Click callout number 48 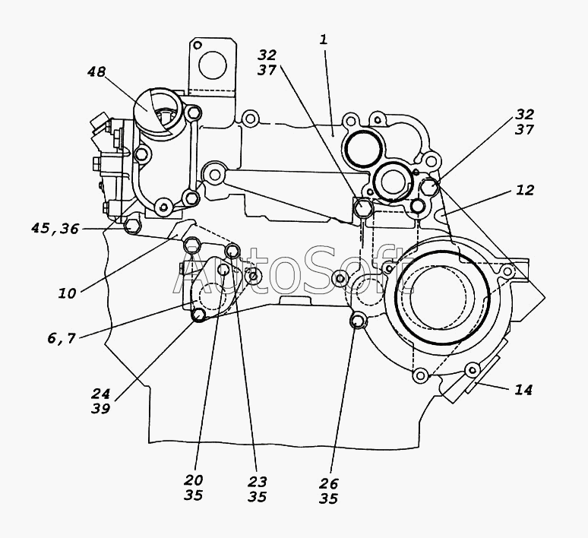(96, 73)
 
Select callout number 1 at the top (324, 40)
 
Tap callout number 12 (525, 190)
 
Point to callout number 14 (523, 390)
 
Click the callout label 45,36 (55, 227)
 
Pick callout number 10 (67, 293)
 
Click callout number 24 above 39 (101, 394)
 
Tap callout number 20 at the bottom (194, 480)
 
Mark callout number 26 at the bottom (329, 483)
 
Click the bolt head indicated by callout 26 (356, 322)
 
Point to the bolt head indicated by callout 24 (199, 315)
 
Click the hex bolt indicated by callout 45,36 (131, 226)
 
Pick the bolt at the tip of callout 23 (233, 251)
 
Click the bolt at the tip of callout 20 (225, 270)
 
